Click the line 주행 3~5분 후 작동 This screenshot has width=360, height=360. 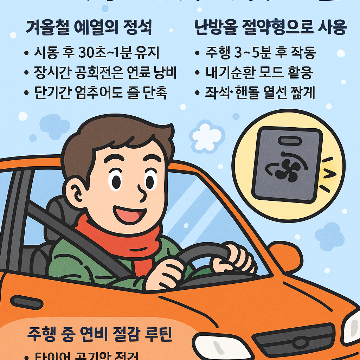[x=261, y=53]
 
